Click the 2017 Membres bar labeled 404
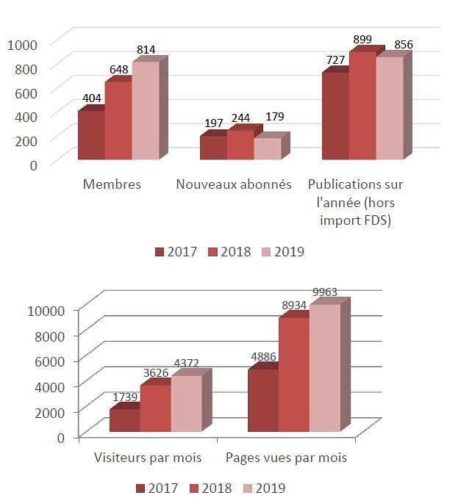(90, 135)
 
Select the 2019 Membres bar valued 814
(145, 110)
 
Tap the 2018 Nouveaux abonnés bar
(239, 145)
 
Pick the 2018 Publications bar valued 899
(362, 105)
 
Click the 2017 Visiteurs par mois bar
(124, 420)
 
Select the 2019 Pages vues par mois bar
(324, 367)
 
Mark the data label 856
(403, 45)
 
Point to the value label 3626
(154, 373)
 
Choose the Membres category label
(112, 184)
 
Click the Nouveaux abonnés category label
(234, 184)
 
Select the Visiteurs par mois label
(148, 458)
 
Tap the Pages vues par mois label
(286, 458)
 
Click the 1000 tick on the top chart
(23, 44)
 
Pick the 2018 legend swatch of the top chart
(214, 252)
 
